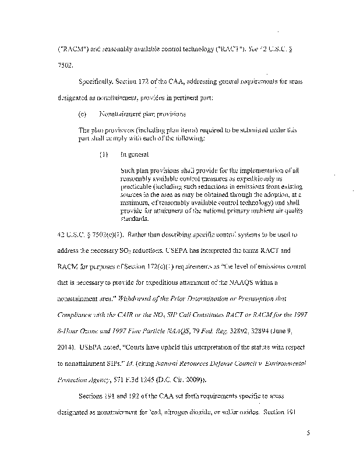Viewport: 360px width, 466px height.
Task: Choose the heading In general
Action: [x=133, y=156]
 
